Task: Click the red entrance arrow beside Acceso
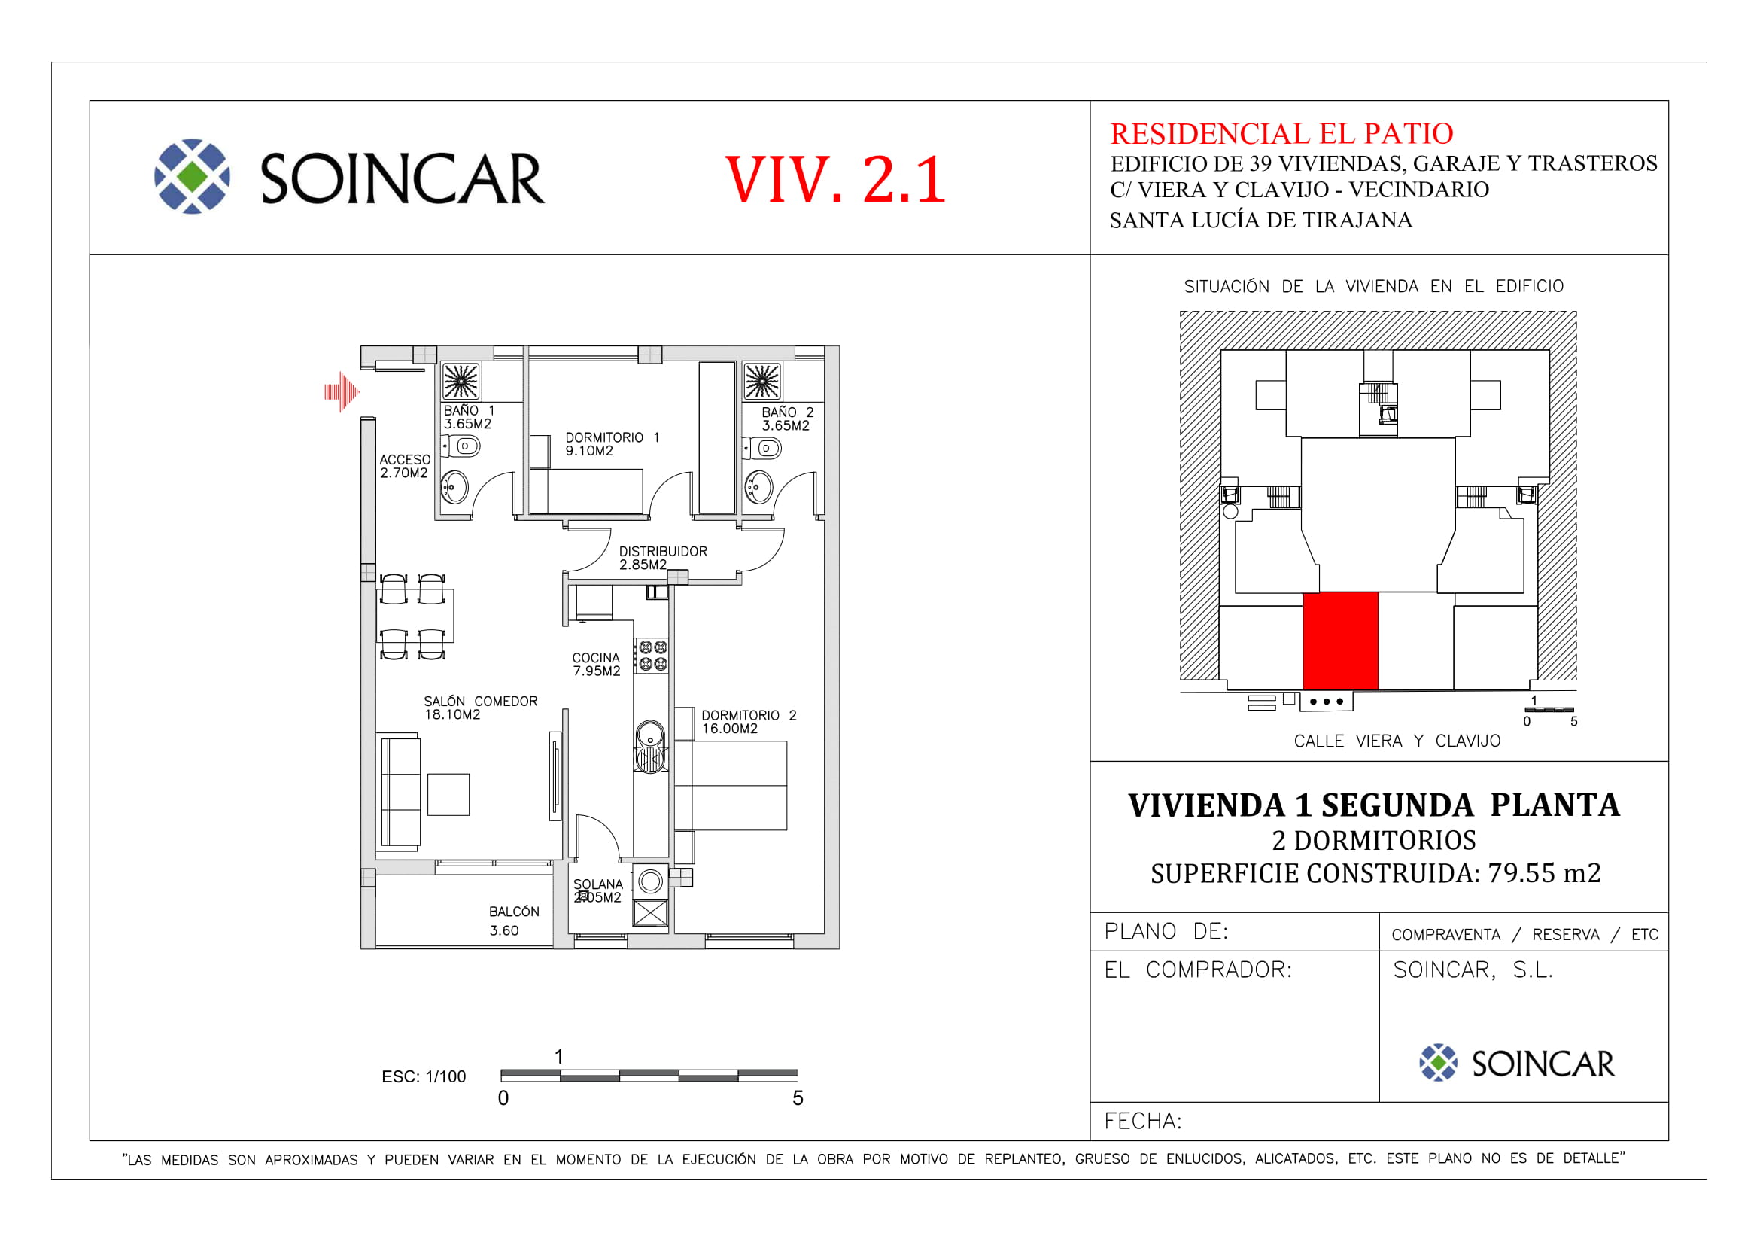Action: point(342,392)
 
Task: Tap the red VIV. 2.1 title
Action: point(835,179)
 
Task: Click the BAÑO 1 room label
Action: point(468,417)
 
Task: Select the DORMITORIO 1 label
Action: point(612,444)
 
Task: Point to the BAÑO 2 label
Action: point(787,419)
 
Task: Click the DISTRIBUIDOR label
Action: point(663,558)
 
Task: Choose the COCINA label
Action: point(597,665)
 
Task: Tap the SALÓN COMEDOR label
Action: point(481,708)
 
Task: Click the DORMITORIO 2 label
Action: point(749,722)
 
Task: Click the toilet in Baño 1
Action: point(462,446)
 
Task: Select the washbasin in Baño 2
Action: point(759,487)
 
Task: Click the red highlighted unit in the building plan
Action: point(1341,641)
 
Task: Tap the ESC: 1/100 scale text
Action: point(424,1077)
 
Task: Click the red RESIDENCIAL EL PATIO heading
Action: point(1281,133)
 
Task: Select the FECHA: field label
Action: point(1143,1122)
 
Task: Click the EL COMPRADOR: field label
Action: point(1198,970)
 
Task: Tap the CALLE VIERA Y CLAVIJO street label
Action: point(1397,741)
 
